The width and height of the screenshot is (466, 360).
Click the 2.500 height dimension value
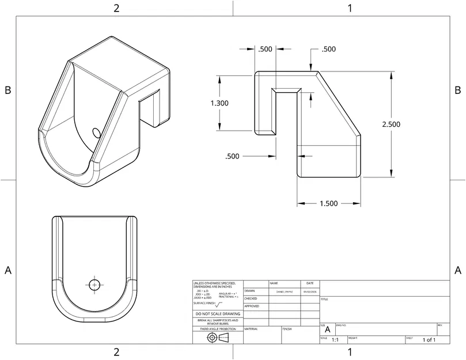(391, 124)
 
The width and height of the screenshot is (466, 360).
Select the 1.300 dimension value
(219, 103)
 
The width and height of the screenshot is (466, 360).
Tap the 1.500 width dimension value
(328, 203)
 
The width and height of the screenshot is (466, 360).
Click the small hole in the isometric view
(97, 133)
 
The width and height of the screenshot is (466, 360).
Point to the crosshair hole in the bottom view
(94, 284)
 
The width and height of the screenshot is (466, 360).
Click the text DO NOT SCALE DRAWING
(217, 314)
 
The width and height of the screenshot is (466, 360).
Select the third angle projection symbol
(217, 337)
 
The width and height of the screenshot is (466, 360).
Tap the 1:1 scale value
(335, 340)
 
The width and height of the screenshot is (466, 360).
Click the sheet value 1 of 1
(429, 340)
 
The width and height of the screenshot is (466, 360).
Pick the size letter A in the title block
(327, 331)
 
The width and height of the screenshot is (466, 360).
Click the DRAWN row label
(249, 291)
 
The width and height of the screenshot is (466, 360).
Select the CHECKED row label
(251, 299)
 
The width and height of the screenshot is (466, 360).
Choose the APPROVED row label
(252, 306)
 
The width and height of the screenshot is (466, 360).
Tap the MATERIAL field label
(251, 328)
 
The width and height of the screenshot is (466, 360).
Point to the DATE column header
(310, 283)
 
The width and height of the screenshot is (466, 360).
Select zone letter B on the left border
(8, 90)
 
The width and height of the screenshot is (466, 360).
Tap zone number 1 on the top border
(350, 8)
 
